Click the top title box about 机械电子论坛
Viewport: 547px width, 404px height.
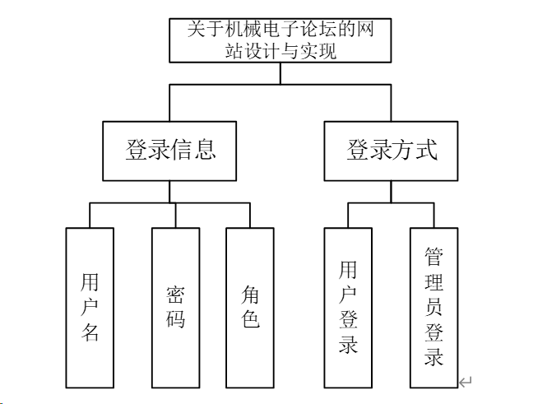click(x=280, y=40)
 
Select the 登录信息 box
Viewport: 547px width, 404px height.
click(x=170, y=151)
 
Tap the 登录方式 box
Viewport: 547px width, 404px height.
click(x=391, y=151)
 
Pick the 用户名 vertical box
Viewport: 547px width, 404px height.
click(x=90, y=307)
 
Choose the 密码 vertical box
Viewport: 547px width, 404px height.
click(x=175, y=307)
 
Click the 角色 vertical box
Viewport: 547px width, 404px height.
click(x=250, y=307)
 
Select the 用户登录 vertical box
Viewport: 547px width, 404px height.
click(x=348, y=307)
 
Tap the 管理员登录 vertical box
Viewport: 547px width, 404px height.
click(x=433, y=307)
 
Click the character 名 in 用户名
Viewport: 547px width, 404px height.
click(x=90, y=333)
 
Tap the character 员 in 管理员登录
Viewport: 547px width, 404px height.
click(x=433, y=308)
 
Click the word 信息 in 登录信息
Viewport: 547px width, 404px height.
click(x=193, y=151)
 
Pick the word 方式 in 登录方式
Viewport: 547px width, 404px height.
click(x=414, y=151)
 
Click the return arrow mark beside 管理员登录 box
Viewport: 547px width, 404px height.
click(x=466, y=381)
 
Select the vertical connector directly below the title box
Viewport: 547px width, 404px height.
click(x=280, y=74)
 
